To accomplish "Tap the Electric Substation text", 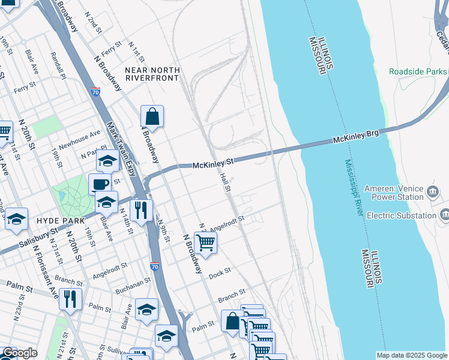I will point(401,215).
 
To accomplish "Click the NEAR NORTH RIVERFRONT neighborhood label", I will point(152,74).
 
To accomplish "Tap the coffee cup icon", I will point(100,184).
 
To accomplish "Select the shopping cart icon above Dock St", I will point(205,242).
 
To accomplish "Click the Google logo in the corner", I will point(20,353).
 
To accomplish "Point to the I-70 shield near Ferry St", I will point(96,92).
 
